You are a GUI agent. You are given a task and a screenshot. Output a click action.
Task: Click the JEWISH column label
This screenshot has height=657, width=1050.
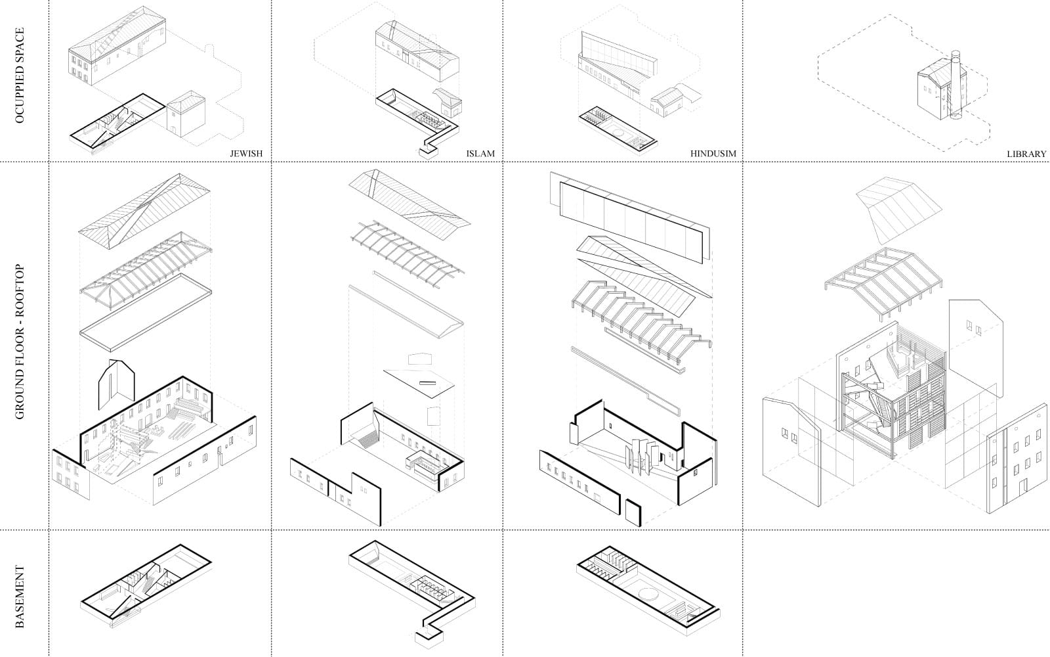click(246, 154)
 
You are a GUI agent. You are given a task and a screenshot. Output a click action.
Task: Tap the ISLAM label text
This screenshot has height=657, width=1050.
click(480, 154)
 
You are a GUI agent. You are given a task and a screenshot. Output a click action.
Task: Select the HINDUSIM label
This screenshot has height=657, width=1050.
click(713, 154)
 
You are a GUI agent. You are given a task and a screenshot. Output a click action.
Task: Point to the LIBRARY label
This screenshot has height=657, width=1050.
click(1027, 154)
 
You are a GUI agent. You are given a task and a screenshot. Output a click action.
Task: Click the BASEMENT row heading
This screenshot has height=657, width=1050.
click(20, 597)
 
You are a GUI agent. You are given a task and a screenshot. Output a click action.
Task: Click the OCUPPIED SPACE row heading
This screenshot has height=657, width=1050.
click(20, 75)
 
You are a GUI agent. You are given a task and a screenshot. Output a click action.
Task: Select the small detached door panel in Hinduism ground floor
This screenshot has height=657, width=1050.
click(633, 512)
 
